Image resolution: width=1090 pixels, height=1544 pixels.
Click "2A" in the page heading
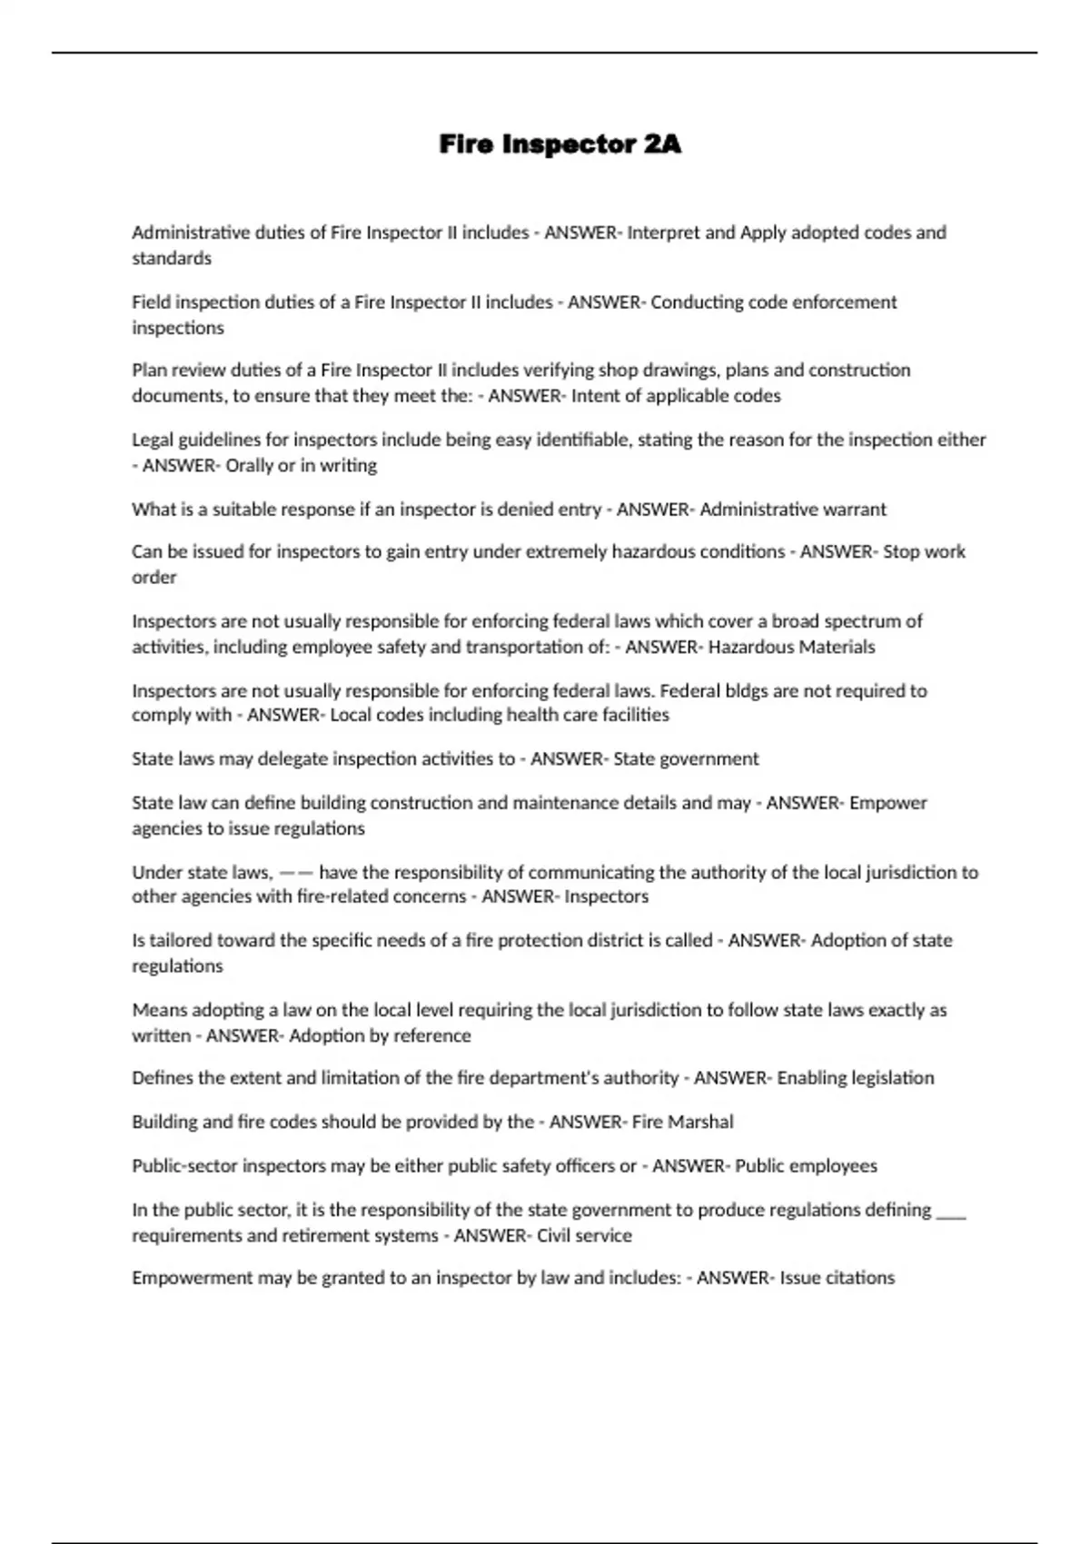tap(661, 144)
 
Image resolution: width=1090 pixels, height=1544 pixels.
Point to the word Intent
tap(594, 396)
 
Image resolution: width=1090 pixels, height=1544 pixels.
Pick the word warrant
tap(854, 510)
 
